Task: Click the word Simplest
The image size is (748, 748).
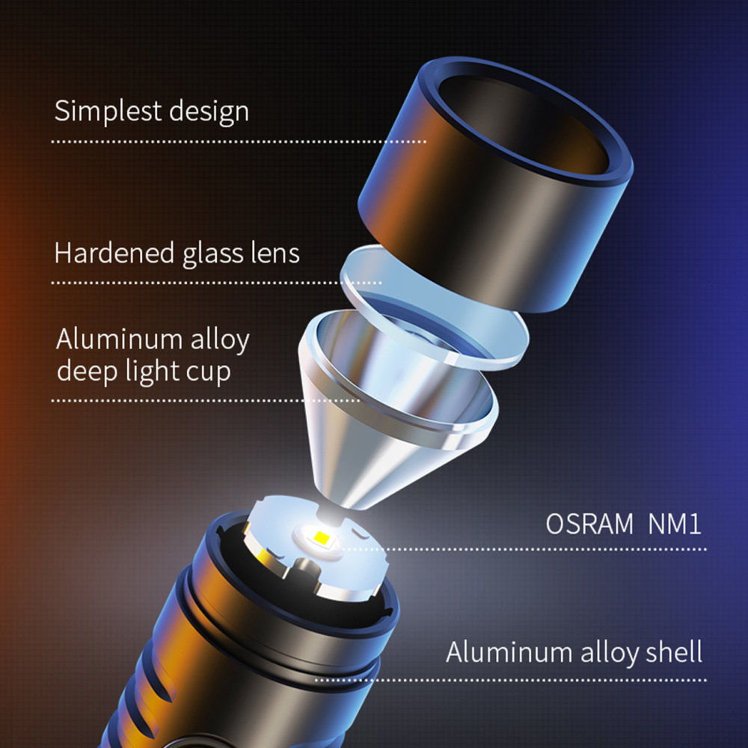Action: pyautogui.click(x=108, y=111)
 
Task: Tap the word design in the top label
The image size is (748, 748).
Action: pyautogui.click(x=209, y=111)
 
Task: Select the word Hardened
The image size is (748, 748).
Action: pyautogui.click(x=114, y=252)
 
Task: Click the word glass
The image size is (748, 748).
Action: pyautogui.click(x=212, y=254)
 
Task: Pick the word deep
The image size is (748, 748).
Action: pyautogui.click(x=88, y=371)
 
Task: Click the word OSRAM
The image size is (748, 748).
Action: pyautogui.click(x=589, y=524)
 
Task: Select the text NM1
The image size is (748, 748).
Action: pyautogui.click(x=675, y=524)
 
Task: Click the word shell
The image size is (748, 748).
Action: pyautogui.click(x=674, y=652)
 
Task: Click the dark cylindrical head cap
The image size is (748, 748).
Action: pyautogui.click(x=496, y=186)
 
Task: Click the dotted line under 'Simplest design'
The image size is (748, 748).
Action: pyautogui.click(x=239, y=141)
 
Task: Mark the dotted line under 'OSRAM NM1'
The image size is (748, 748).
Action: pyautogui.click(x=525, y=549)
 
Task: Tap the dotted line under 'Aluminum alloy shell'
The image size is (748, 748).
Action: pyautogui.click(x=511, y=680)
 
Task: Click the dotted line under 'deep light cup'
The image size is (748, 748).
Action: pyautogui.click(x=206, y=401)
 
